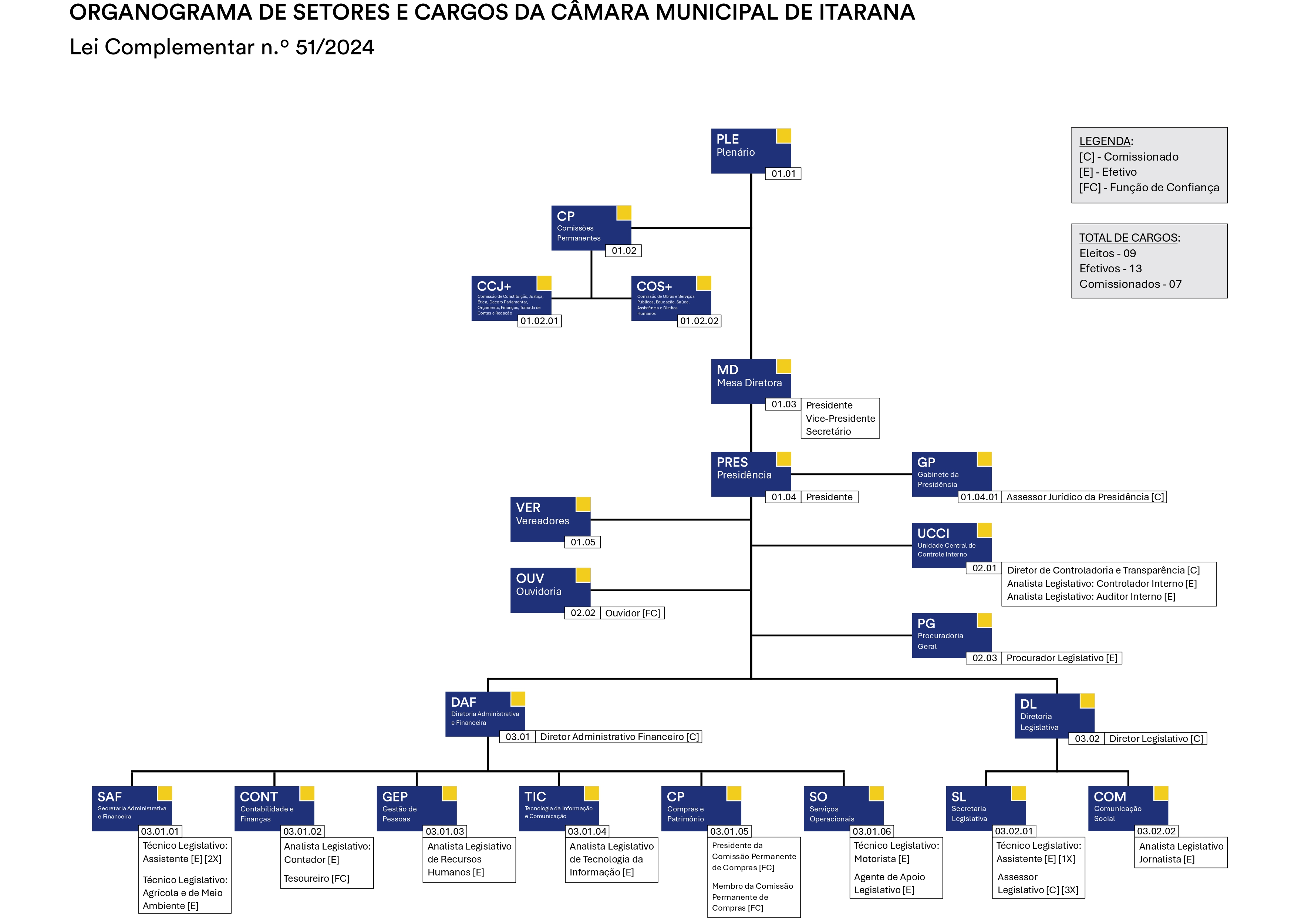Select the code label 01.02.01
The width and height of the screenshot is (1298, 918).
(539, 321)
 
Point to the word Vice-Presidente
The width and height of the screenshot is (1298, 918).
(840, 418)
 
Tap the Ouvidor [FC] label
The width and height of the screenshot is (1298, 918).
(632, 613)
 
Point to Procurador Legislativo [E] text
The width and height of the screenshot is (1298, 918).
(1061, 658)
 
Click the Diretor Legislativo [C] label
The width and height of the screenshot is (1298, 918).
(1156, 739)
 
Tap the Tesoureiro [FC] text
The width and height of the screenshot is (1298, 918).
(317, 878)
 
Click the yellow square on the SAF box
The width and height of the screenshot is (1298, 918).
(165, 793)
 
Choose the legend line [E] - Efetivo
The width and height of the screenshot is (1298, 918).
(1107, 172)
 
